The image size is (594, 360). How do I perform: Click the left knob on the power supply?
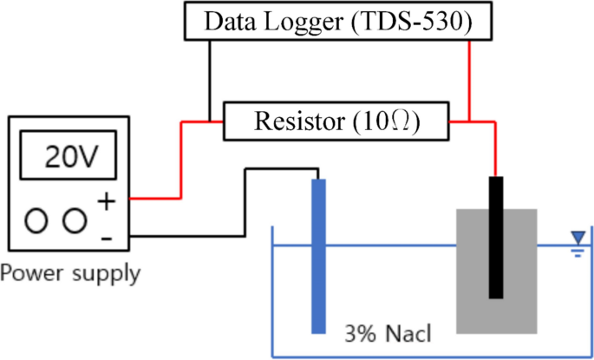click(x=36, y=221)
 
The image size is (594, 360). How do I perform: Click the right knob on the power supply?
click(x=75, y=221)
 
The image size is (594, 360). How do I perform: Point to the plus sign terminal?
click(x=106, y=202)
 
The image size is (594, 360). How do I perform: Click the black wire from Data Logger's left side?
click(x=209, y=78)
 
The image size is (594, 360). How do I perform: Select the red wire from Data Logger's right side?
click(x=469, y=78)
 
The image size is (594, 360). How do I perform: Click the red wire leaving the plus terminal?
click(x=156, y=199)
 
